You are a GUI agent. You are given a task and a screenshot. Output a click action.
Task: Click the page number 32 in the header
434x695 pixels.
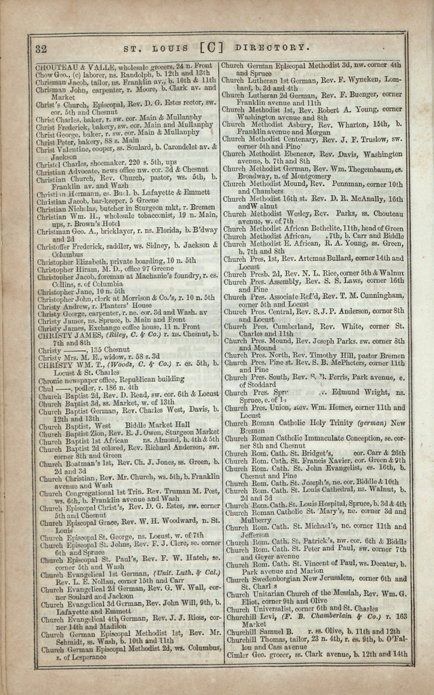pyautogui.click(x=40, y=48)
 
